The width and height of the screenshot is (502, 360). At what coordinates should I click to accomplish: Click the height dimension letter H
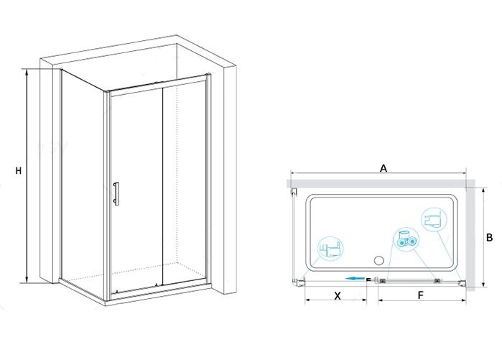[19, 171]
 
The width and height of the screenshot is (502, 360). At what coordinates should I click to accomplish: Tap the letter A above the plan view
[384, 168]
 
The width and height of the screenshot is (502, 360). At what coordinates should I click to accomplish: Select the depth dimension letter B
[490, 238]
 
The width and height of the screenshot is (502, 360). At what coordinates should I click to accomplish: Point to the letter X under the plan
[338, 296]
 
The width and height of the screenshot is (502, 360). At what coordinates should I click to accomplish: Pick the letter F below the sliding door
[421, 295]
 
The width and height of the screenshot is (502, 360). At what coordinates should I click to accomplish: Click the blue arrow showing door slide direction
[355, 279]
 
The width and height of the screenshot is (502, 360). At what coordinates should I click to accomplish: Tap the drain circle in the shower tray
[379, 261]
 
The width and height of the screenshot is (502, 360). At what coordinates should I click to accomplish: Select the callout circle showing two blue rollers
[406, 240]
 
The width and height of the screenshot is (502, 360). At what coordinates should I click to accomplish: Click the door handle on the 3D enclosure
[116, 193]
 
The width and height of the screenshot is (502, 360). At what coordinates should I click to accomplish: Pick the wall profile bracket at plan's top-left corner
[292, 192]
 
